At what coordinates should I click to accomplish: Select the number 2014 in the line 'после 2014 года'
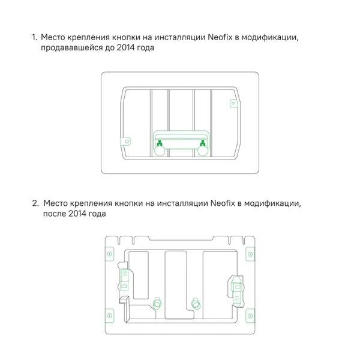(77, 214)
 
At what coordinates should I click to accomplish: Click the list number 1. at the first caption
(35, 37)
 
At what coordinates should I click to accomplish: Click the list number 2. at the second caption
(35, 203)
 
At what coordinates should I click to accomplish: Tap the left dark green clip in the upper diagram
(160, 143)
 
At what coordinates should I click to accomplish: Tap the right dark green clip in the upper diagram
(203, 143)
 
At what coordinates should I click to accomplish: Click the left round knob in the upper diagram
(160, 152)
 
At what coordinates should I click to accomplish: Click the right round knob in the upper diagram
(202, 152)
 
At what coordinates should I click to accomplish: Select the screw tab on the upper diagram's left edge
(127, 142)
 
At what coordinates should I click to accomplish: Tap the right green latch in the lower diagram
(235, 287)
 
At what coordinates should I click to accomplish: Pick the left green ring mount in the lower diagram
(158, 302)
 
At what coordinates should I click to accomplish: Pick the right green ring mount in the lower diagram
(194, 302)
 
